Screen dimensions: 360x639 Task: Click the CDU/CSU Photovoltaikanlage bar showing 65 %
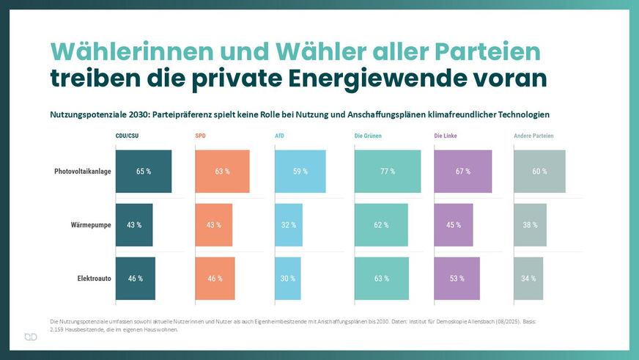click(x=144, y=172)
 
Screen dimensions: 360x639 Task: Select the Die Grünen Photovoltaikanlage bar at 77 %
click(x=388, y=172)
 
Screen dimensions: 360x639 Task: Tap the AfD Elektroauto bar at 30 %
click(x=288, y=279)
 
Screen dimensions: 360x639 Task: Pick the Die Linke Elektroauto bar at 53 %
click(x=457, y=279)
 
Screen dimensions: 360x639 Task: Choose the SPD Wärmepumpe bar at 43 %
click(x=214, y=225)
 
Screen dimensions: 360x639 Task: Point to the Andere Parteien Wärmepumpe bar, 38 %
click(x=530, y=225)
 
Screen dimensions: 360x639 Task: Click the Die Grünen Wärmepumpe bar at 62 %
click(x=381, y=225)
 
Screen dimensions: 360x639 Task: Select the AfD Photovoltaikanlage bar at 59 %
click(x=300, y=172)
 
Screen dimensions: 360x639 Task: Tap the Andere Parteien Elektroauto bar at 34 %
click(x=528, y=279)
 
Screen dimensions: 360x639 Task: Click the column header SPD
click(x=201, y=136)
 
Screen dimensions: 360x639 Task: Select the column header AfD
click(x=280, y=136)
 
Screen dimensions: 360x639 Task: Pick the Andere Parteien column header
click(x=533, y=136)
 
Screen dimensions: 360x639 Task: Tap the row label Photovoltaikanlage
click(x=82, y=172)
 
